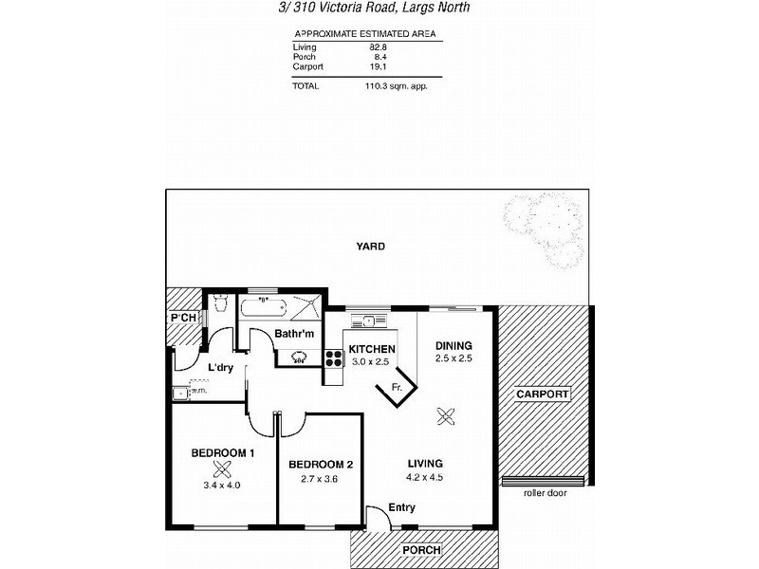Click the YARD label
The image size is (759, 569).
(x=370, y=246)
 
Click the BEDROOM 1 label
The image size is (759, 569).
(x=223, y=453)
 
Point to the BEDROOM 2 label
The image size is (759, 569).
(x=321, y=465)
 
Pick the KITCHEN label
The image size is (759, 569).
(x=371, y=349)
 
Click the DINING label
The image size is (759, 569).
(x=454, y=345)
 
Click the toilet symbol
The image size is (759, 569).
(x=220, y=303)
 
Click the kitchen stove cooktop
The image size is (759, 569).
(x=334, y=358)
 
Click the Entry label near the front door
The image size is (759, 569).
(x=401, y=508)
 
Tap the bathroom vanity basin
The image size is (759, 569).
(x=300, y=357)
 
